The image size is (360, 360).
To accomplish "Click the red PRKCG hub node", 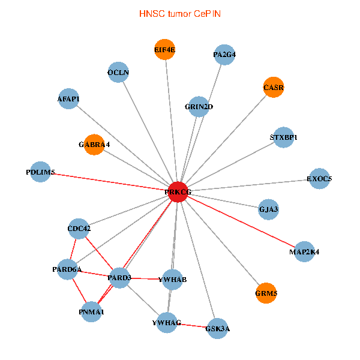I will click(x=178, y=191).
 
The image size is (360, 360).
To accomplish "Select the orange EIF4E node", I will click(x=164, y=50).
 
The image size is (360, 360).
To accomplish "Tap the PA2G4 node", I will click(x=224, y=55).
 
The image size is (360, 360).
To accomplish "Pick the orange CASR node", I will click(x=273, y=87).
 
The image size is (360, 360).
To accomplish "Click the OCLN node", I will click(x=118, y=73).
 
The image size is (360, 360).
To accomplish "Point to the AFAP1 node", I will click(x=68, y=98).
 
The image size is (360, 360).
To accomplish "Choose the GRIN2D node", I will click(x=199, y=107).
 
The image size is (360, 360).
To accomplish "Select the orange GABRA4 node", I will click(x=94, y=145).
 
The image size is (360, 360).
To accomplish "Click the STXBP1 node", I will click(x=283, y=137).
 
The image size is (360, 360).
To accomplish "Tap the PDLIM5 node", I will click(x=40, y=172).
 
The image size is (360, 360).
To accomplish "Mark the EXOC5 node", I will click(x=319, y=178).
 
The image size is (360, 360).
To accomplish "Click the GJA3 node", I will click(x=268, y=209).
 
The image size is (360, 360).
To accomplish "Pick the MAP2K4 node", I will click(x=304, y=251).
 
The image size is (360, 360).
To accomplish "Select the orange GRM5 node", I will click(x=266, y=294).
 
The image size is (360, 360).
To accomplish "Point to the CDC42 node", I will click(x=79, y=229).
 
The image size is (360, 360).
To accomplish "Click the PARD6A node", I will click(x=67, y=269).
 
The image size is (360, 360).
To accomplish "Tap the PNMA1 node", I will click(x=91, y=311).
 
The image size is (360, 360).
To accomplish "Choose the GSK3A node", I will click(x=217, y=328).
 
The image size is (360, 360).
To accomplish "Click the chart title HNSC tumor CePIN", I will click(x=179, y=13).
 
